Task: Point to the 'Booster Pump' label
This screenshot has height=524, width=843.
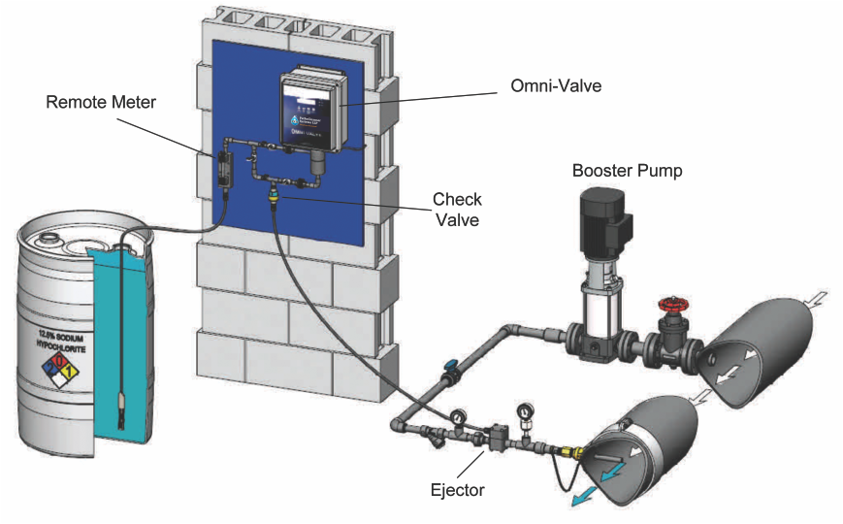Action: click(x=627, y=171)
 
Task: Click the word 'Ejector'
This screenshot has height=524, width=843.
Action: click(x=456, y=489)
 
